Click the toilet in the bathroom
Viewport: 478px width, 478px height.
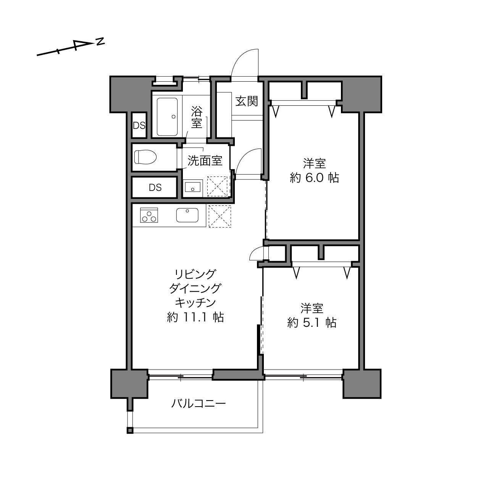tap(145, 157)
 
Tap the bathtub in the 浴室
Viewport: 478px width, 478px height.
tap(167, 117)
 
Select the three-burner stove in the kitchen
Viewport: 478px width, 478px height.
tap(149, 215)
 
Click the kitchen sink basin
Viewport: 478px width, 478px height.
tap(187, 215)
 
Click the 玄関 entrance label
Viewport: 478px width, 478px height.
tap(247, 101)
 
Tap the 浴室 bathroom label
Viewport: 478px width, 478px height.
tap(197, 117)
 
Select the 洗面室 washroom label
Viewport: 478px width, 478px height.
tap(205, 160)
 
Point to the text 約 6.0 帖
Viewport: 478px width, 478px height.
tap(314, 178)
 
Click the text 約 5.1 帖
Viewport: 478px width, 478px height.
tap(312, 323)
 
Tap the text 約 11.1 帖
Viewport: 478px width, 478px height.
tap(195, 317)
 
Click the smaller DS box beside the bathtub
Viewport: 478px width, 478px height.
tap(139, 126)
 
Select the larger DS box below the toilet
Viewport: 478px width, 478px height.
tap(155, 187)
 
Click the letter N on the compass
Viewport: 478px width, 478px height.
tap(100, 42)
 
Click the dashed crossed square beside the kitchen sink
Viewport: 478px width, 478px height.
tap(220, 216)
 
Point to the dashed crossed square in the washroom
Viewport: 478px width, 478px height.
tap(217, 187)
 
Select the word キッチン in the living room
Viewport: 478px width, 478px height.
tap(195, 303)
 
